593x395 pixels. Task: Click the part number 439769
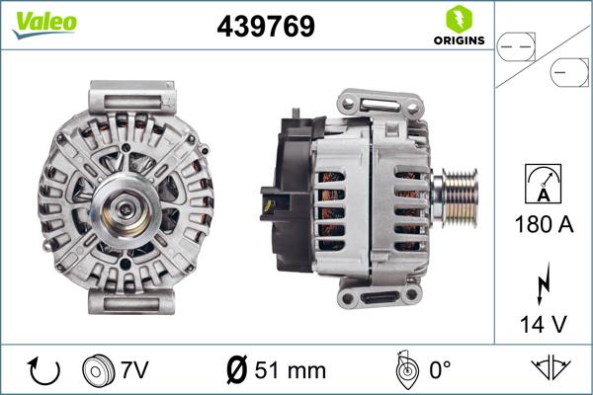[x=266, y=27]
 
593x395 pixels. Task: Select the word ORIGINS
[x=458, y=41]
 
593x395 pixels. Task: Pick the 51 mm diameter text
[x=289, y=370]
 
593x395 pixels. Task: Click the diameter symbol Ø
[x=237, y=370]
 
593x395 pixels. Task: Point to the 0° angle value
[x=440, y=370]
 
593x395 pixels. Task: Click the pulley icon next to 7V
[x=99, y=370]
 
